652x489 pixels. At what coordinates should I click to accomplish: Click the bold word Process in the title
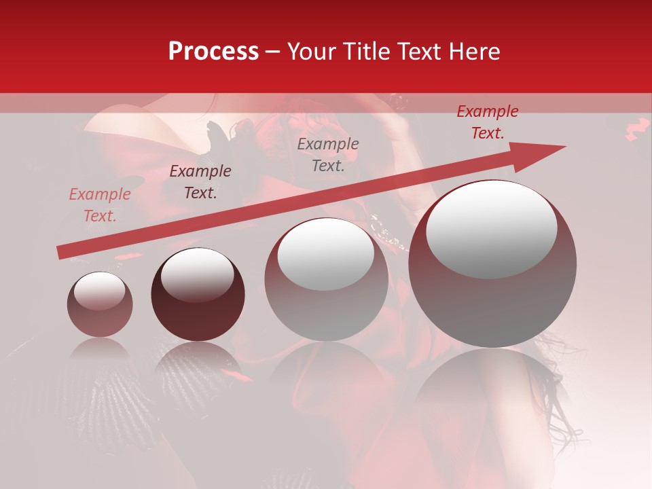(x=213, y=52)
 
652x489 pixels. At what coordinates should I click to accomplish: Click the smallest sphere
(x=100, y=304)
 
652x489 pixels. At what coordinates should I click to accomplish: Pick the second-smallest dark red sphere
(x=198, y=295)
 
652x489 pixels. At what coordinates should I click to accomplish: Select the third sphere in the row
(x=326, y=279)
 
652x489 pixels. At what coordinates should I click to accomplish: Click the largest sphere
(x=492, y=264)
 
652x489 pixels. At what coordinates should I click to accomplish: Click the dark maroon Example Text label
(x=200, y=182)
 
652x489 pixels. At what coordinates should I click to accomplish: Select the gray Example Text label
(x=328, y=154)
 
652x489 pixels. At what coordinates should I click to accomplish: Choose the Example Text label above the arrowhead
(x=487, y=122)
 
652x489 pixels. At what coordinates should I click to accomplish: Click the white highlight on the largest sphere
(x=492, y=230)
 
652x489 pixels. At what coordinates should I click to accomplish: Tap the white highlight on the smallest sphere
(x=99, y=291)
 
